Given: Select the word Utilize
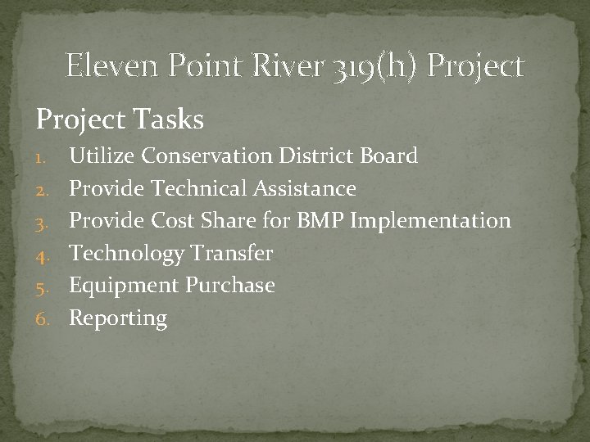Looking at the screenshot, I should [102, 156].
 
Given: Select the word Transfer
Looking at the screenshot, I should [232, 254].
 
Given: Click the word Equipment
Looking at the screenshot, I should [124, 286].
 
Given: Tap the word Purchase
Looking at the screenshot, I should [230, 286].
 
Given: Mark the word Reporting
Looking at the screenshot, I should [118, 318].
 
